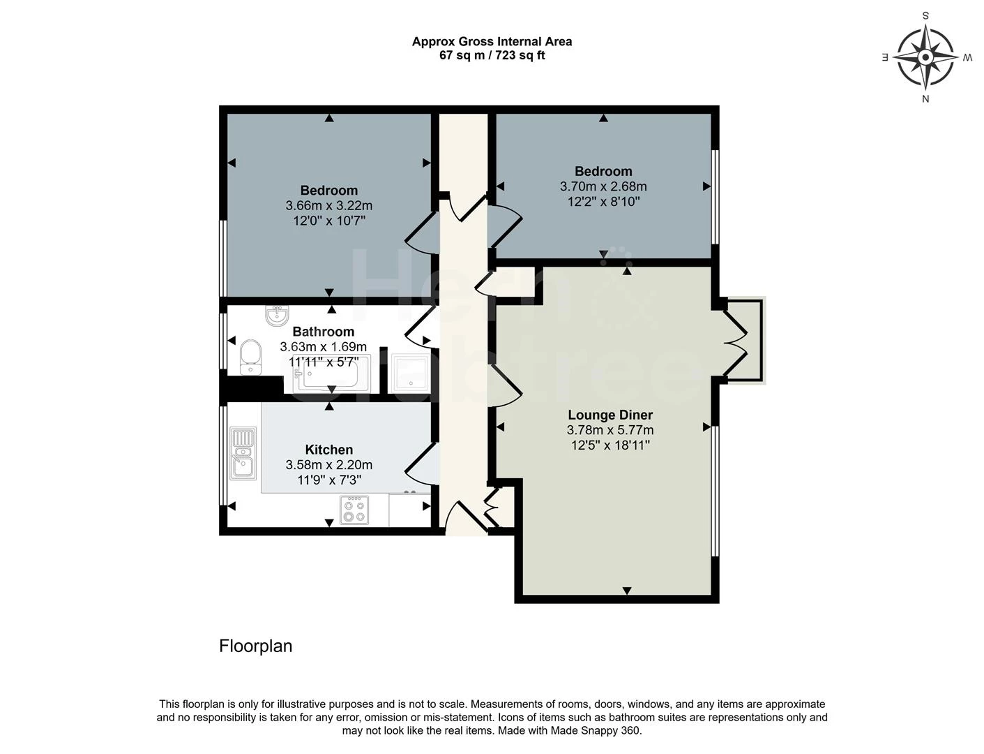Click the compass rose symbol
click(925, 57)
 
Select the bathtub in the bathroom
click(328, 374)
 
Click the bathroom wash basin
click(277, 316)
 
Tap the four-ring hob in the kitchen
click(354, 510)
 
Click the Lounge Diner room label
click(610, 415)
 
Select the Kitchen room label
click(328, 450)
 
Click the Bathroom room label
click(323, 332)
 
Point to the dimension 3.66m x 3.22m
click(328, 206)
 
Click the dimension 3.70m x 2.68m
click(603, 186)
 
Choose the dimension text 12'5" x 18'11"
click(610, 445)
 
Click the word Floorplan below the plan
click(255, 646)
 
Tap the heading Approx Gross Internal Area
click(492, 41)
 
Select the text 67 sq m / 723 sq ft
click(492, 55)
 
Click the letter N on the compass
click(925, 99)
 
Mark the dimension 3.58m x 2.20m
click(328, 465)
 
